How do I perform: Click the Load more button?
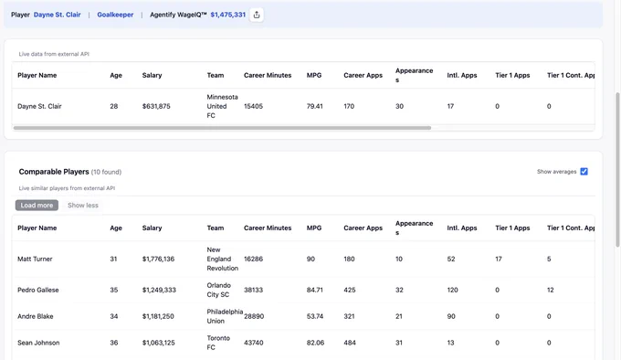(37, 206)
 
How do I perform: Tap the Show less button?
(83, 206)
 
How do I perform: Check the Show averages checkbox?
(584, 172)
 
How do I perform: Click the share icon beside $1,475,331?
(257, 15)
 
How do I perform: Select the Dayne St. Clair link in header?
(57, 15)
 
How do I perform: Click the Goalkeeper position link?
(115, 15)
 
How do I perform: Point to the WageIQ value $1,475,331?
(228, 15)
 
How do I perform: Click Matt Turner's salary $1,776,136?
(158, 259)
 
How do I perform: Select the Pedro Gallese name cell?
(38, 290)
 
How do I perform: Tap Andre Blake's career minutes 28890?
(254, 316)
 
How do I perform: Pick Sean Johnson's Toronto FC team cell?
(218, 343)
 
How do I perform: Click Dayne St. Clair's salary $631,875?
(156, 106)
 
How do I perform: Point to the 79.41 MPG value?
(314, 106)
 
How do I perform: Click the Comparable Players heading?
(54, 172)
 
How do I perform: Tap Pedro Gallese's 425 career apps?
(349, 290)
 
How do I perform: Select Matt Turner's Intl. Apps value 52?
(451, 259)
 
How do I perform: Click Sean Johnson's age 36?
(114, 343)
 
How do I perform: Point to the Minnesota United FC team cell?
(222, 106)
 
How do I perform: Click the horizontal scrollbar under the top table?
(222, 128)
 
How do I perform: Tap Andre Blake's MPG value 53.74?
(315, 316)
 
